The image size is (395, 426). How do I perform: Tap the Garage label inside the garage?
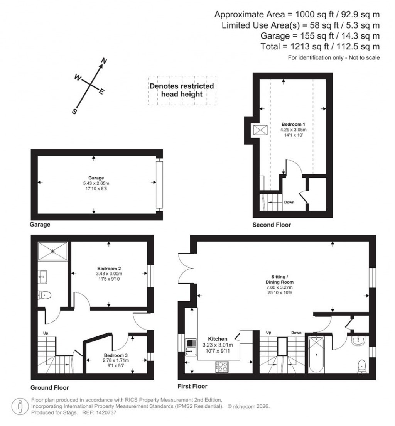[93, 178]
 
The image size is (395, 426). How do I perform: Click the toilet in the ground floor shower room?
[45, 295]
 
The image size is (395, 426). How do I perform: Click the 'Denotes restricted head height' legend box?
[182, 90]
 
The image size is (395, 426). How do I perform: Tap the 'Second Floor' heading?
[272, 225]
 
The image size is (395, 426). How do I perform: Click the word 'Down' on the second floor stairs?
[289, 202]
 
